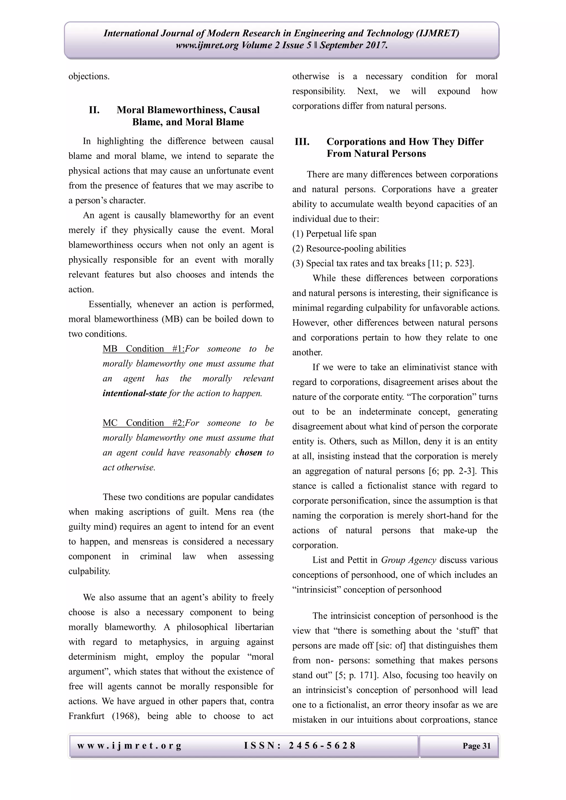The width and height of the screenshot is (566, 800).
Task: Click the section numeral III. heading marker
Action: point(302,142)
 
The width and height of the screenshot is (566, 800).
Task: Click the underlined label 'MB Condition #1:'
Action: point(143,349)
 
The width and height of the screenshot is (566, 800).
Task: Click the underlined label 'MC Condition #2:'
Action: point(143,423)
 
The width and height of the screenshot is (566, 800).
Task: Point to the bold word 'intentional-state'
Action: point(135,394)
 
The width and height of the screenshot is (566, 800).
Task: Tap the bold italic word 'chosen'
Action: point(248,453)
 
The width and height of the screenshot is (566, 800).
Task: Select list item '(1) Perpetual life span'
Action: point(334,234)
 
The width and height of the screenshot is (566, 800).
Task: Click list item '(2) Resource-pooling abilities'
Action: point(349,249)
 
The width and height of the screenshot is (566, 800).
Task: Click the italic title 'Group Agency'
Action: point(408,560)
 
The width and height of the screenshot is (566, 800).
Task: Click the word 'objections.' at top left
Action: point(89,76)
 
